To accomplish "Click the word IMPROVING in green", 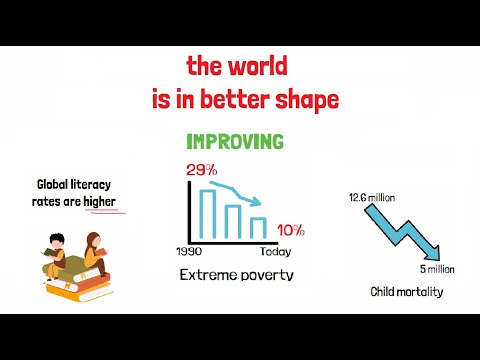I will pos(235,142).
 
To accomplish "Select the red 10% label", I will pos(291,231).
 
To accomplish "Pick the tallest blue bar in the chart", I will pos(209,212).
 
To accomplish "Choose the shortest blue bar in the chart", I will pos(258,228).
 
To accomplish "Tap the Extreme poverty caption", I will pos(236,273).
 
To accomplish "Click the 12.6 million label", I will pos(372,197).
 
